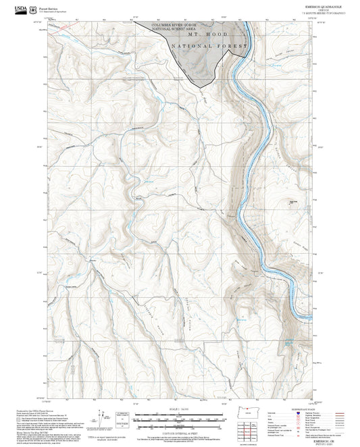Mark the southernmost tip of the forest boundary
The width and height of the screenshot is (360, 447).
pyautogui.click(x=215, y=82)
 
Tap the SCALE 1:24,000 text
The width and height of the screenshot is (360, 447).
pyautogui.click(x=178, y=410)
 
